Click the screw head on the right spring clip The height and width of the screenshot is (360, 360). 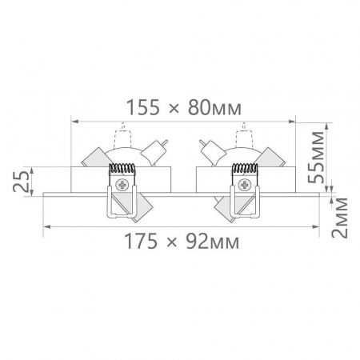point(242,185)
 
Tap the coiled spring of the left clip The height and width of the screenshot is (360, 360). point(122,170)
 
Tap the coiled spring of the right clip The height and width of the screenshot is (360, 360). point(243,170)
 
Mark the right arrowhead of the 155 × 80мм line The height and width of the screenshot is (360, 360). point(293,121)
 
